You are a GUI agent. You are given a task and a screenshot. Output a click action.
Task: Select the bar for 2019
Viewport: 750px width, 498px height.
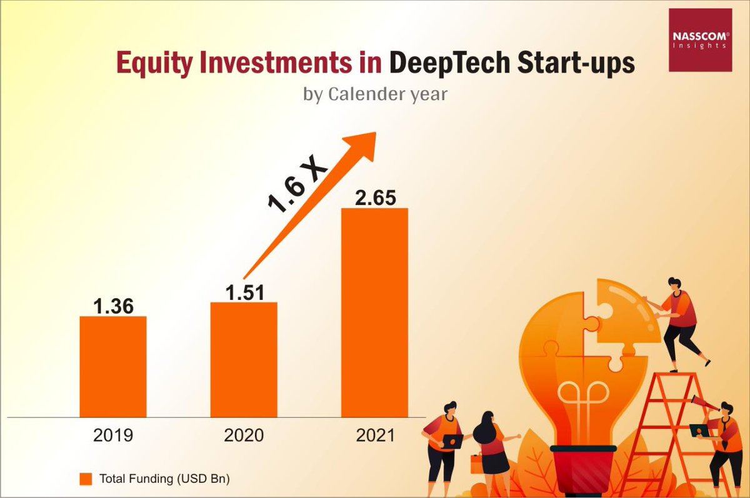pos(113,366)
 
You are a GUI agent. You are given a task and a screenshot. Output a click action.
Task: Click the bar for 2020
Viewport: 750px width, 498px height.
pos(244,359)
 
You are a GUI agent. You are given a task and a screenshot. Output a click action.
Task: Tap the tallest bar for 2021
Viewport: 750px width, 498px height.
pos(374,312)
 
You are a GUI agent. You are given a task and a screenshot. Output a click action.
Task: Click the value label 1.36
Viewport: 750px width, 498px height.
pos(113,306)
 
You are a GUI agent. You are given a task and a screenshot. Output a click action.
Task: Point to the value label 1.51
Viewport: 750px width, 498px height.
pos(244,292)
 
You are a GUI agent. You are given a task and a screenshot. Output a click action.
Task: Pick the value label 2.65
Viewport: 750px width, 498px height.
pos(374,197)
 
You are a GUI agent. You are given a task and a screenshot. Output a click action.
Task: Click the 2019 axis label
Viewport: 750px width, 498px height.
pos(113,435)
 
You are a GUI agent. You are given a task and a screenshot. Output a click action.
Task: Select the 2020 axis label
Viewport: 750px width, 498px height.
pos(244,435)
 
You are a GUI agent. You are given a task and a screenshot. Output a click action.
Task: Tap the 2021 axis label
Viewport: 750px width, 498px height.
pos(375,435)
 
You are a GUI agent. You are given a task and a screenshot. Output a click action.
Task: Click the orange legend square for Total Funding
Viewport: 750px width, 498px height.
pos(86,479)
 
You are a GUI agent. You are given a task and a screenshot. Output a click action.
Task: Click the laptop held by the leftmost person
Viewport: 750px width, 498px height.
pos(451,441)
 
